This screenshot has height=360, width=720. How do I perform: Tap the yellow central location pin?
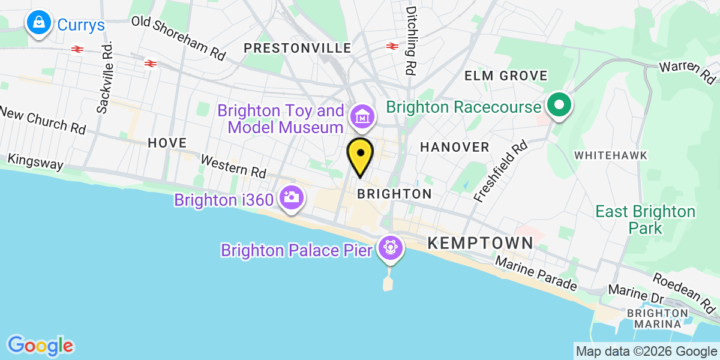click(x=361, y=155)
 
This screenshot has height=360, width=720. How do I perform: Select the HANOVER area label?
click(x=455, y=147)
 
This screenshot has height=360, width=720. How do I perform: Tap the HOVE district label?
click(x=167, y=143)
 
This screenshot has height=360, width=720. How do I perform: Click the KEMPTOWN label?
click(x=480, y=243)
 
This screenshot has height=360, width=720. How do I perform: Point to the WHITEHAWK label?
click(x=611, y=155)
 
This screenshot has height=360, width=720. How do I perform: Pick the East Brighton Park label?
click(x=645, y=220)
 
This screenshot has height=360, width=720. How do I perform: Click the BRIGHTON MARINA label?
click(x=658, y=319)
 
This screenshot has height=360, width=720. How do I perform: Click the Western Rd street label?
click(x=233, y=166)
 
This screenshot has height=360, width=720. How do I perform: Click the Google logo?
click(x=40, y=346)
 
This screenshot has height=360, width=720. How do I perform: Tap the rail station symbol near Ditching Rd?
click(x=393, y=46)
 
